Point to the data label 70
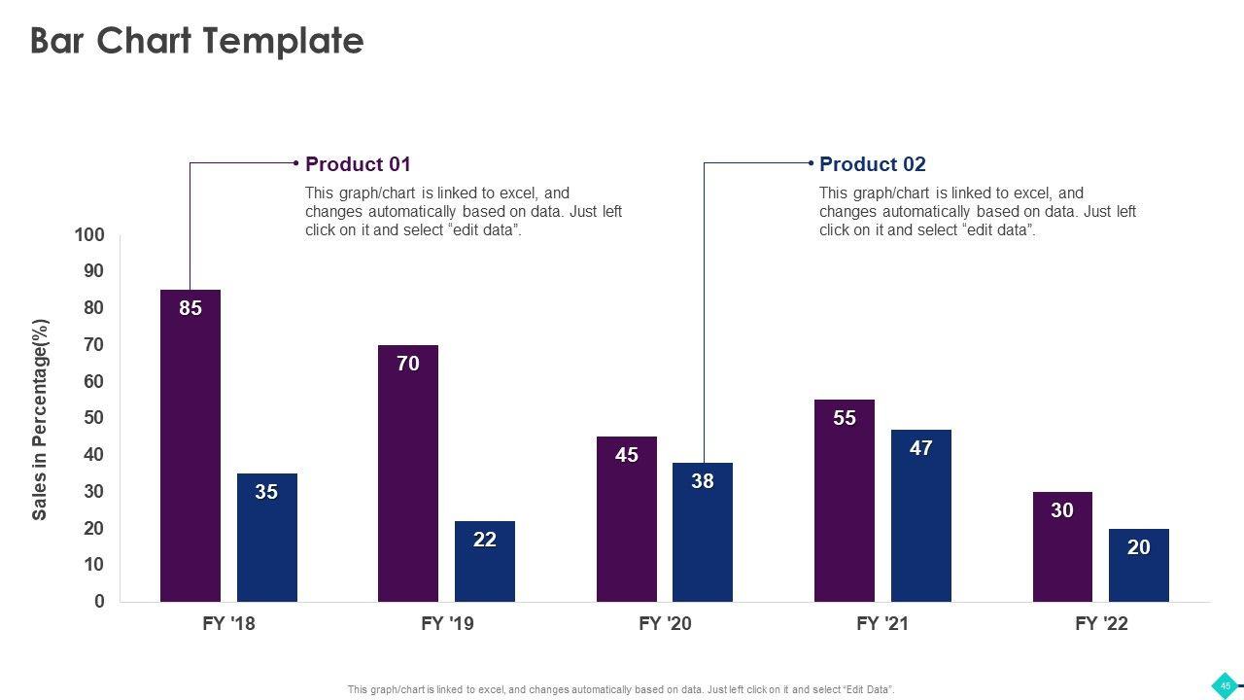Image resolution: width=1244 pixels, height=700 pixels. [408, 364]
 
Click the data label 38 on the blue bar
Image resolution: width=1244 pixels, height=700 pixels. [703, 481]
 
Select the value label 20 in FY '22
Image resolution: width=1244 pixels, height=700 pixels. [1139, 547]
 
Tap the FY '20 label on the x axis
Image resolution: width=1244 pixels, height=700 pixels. [666, 623]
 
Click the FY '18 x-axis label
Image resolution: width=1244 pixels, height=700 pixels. [229, 623]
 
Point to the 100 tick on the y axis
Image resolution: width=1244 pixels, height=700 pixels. [88, 234]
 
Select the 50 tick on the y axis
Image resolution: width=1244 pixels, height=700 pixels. [93, 418]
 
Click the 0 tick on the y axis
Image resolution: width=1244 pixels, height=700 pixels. [99, 602]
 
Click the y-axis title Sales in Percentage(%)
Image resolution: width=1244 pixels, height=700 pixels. [40, 419]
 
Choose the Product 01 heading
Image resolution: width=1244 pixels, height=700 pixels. [358, 164]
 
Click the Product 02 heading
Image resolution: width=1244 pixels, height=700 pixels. [872, 164]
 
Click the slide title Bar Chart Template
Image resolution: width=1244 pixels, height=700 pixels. [197, 41]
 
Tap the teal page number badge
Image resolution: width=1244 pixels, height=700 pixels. [1226, 685]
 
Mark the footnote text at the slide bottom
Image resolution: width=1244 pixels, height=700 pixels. [621, 690]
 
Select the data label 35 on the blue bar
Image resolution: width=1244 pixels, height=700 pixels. [266, 492]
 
